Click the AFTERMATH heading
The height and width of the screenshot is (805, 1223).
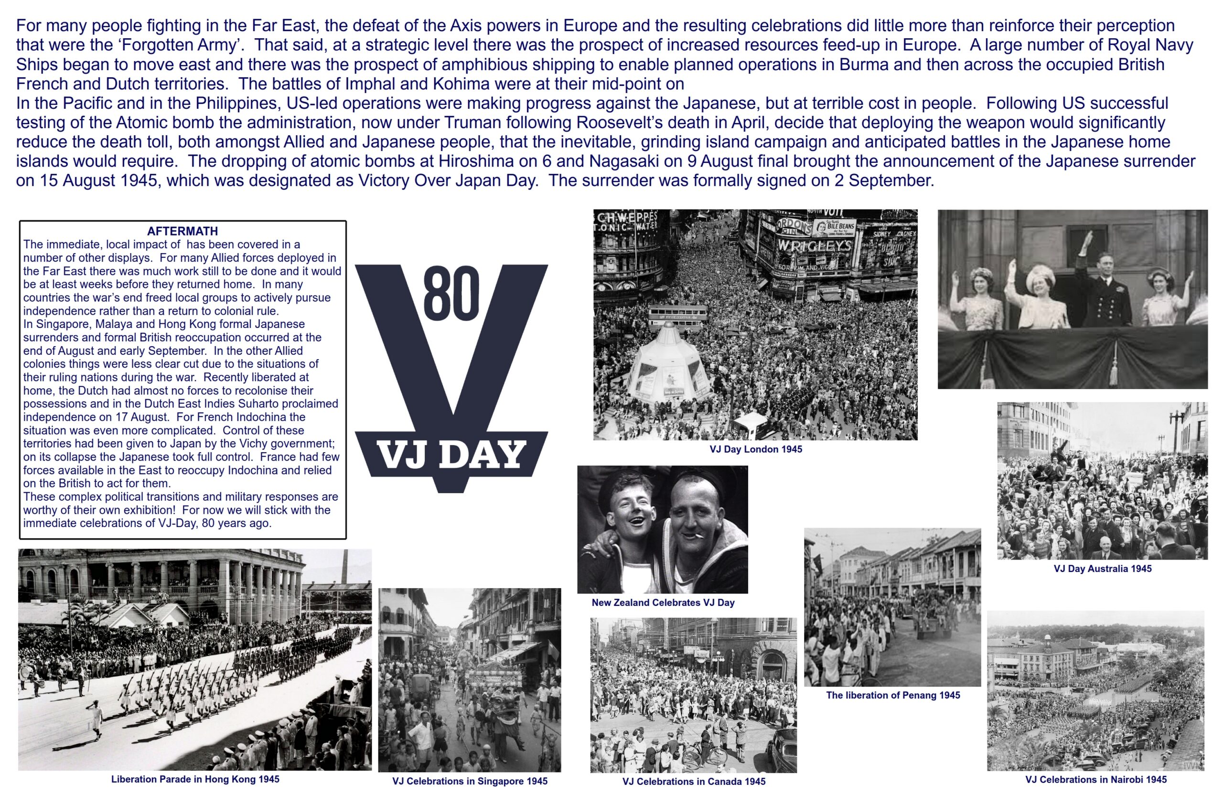(x=182, y=231)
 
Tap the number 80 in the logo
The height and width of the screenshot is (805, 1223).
(x=451, y=293)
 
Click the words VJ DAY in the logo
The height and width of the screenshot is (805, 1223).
(x=451, y=455)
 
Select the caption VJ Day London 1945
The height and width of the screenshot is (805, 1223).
(x=755, y=449)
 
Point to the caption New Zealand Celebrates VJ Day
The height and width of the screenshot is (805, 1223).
(x=663, y=603)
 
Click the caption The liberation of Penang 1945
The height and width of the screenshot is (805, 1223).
(x=892, y=695)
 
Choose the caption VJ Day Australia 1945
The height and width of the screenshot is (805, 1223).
(x=1102, y=569)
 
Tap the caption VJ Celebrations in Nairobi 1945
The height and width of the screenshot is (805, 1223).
(x=1095, y=779)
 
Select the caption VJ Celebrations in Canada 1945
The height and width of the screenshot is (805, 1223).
(x=694, y=782)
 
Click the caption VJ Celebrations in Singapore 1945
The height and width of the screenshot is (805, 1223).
(x=470, y=781)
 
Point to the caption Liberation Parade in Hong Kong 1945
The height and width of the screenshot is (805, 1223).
(x=195, y=779)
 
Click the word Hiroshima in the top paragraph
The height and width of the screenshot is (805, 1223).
(x=476, y=161)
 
